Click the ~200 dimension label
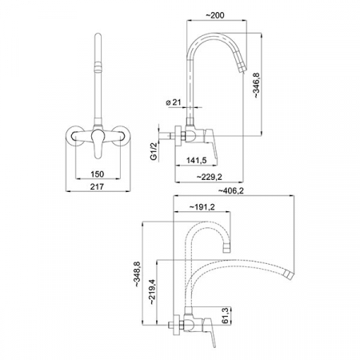pyautogui.click(x=215, y=15)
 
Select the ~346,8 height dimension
pyautogui.click(x=256, y=86)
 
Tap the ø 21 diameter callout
pyautogui.click(x=174, y=102)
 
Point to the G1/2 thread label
pyautogui.click(x=154, y=151)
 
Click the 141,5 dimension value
pyautogui.click(x=197, y=160)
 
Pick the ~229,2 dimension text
pyautogui.click(x=210, y=177)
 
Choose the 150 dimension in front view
pyautogui.click(x=98, y=174)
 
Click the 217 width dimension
pyautogui.click(x=97, y=186)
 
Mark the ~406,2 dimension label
pyautogui.click(x=231, y=190)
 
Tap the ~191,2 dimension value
pyautogui.click(x=202, y=206)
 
